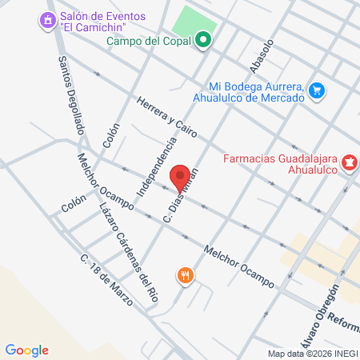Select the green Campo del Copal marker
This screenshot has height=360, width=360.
[x=204, y=38]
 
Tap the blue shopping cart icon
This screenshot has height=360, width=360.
[x=318, y=90]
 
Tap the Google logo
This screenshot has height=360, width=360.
[x=27, y=350]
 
